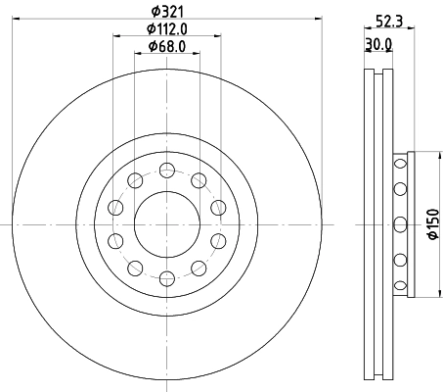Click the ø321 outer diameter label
click(166, 11)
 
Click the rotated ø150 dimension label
click(431, 224)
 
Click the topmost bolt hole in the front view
click(166, 168)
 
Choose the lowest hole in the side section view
click(399, 287)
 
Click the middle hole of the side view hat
click(399, 224)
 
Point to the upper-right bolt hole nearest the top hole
click(199, 178)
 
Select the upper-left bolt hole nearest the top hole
click(133, 178)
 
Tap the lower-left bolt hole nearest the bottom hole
click(133, 269)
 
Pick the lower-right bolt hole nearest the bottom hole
click(199, 269)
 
